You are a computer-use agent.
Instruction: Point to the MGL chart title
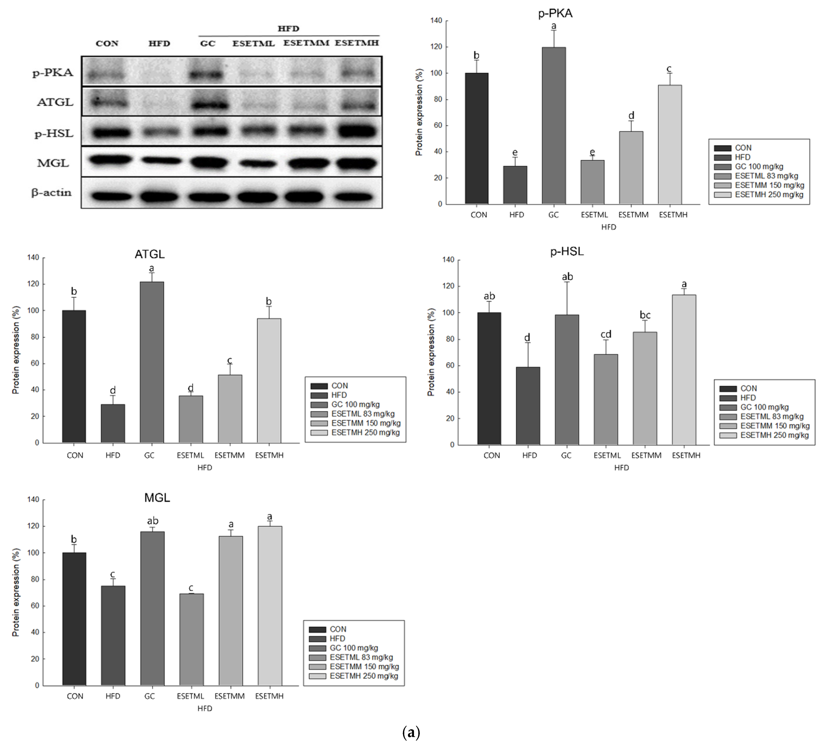(157, 498)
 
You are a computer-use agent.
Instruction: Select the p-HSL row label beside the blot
(54, 134)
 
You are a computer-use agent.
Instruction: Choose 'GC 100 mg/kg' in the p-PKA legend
(759, 166)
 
